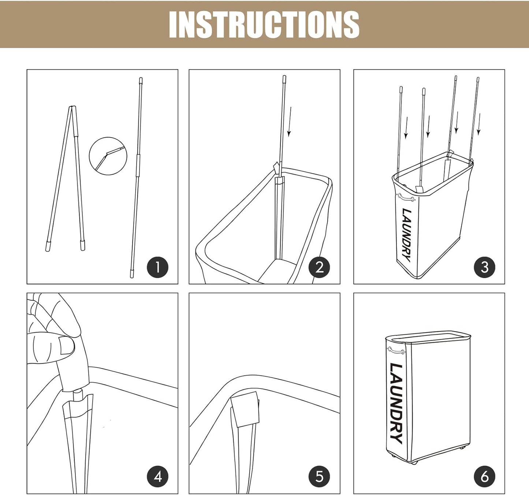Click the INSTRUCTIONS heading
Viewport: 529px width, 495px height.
[x=264, y=25]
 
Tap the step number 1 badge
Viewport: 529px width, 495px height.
[x=158, y=267]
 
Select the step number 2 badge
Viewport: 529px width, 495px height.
[x=319, y=267]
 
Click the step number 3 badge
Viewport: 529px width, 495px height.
[x=484, y=267]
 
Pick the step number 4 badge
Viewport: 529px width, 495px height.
[x=158, y=476]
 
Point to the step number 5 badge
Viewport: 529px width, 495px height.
[x=319, y=476]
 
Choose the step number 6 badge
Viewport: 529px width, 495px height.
[x=484, y=476]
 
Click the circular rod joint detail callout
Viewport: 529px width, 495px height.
[x=108, y=156]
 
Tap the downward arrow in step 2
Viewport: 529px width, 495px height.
[x=290, y=122]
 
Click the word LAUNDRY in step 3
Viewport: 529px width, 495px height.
[x=407, y=235]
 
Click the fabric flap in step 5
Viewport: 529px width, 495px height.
[x=245, y=409]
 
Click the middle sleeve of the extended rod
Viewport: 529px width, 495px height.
[x=138, y=165]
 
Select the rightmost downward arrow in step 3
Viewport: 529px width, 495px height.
[x=479, y=124]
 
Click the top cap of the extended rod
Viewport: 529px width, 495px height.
[x=141, y=80]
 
